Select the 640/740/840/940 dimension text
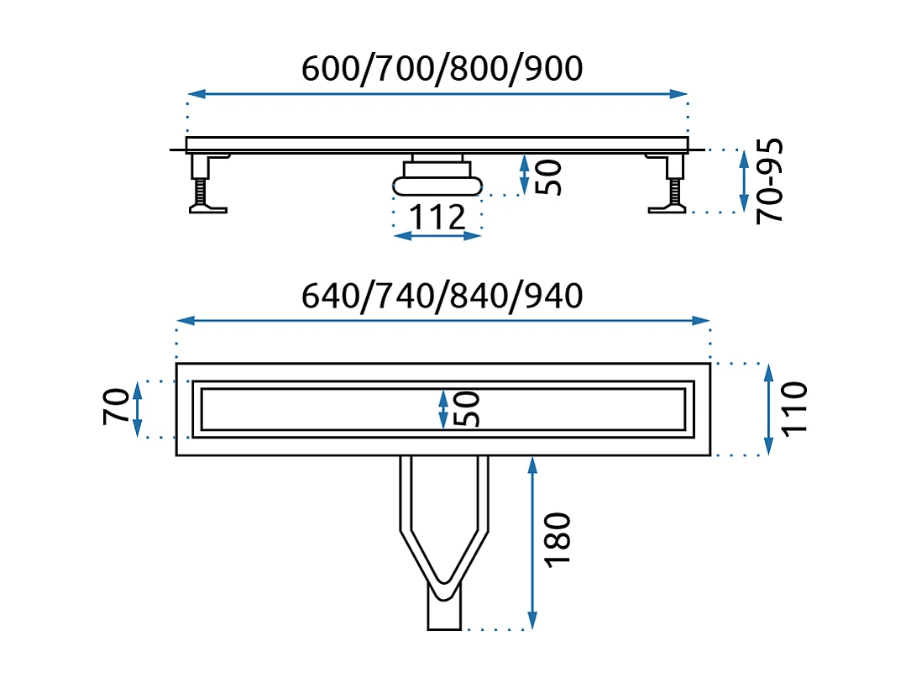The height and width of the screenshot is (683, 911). tap(442, 295)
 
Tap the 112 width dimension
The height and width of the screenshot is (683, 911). tap(437, 218)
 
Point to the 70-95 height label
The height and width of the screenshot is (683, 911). tap(770, 181)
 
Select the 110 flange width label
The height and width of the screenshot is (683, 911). tap(793, 408)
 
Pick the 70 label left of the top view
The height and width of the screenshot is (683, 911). tap(117, 407)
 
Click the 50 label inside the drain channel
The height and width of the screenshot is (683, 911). tap(469, 409)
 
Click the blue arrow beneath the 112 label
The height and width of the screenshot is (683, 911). tap(437, 236)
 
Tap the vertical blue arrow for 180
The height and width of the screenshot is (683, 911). tap(531, 542)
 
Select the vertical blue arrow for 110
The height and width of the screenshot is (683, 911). tap(767, 409)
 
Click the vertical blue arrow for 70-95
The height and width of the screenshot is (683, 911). tap(743, 181)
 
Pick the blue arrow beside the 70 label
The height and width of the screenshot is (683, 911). tap(139, 409)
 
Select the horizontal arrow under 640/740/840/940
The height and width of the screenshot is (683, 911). tap(443, 321)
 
